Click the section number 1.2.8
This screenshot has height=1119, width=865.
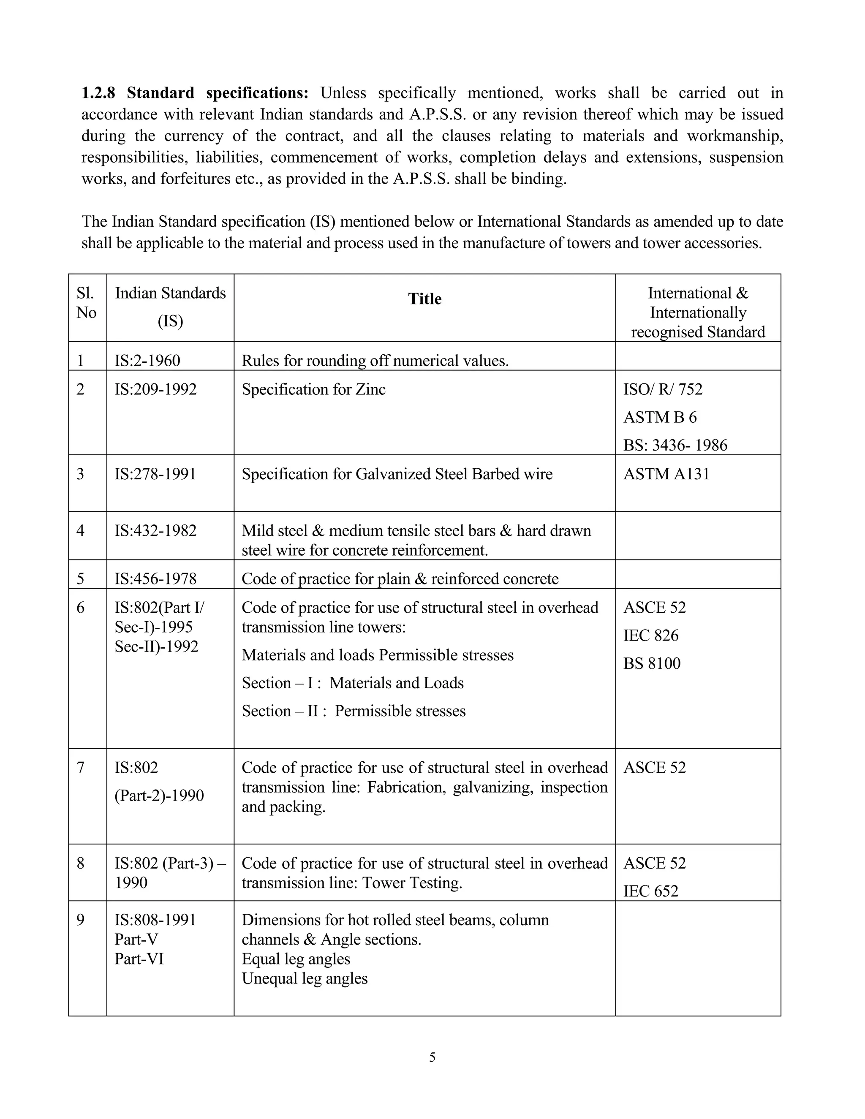tap(98, 93)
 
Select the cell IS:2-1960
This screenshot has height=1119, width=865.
tap(147, 360)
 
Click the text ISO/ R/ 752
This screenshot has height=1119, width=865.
tap(663, 389)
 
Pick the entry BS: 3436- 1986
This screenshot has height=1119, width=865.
tap(675, 445)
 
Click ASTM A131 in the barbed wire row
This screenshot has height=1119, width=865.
tap(666, 473)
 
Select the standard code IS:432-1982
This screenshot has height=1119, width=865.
tap(155, 530)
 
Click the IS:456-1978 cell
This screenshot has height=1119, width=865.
tap(155, 579)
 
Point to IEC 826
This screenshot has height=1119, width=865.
tap(650, 636)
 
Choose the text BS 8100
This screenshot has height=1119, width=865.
tap(651, 663)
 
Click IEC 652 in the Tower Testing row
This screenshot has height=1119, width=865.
tap(650, 891)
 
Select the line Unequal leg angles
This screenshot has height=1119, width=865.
tap(305, 978)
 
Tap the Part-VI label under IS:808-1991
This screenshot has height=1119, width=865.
tap(139, 959)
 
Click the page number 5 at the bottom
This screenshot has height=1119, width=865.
tap(432, 1057)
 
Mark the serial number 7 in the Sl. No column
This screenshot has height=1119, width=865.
tap(80, 768)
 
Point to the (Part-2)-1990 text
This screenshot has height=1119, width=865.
tap(159, 795)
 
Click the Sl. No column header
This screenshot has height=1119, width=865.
tap(86, 302)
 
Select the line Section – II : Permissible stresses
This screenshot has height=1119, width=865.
tap(354, 711)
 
